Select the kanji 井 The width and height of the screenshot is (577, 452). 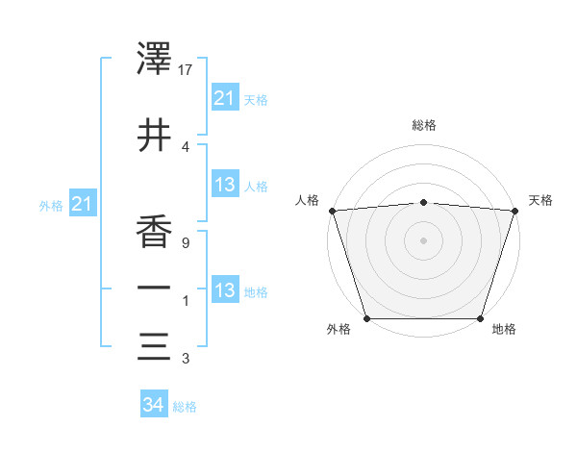(155, 135)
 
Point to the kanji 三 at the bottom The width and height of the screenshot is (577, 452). (155, 345)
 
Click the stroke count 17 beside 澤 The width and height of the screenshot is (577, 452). (186, 70)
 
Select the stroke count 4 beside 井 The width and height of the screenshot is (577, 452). (184, 146)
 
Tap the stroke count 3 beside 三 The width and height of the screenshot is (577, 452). (184, 359)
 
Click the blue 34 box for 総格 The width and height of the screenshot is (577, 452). (153, 406)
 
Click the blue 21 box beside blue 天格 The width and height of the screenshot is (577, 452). (224, 97)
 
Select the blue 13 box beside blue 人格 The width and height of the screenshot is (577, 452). (224, 185)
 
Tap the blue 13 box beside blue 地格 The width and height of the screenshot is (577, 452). (224, 290)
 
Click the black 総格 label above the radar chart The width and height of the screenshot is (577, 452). (423, 126)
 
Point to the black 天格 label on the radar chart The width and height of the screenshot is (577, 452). (540, 200)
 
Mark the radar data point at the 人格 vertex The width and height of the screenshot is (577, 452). (332, 211)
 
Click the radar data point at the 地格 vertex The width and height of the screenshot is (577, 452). (480, 318)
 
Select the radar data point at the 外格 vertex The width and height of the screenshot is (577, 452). (366, 318)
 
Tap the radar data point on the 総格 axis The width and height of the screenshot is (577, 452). (423, 202)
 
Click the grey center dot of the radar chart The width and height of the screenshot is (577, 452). (423, 239)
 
